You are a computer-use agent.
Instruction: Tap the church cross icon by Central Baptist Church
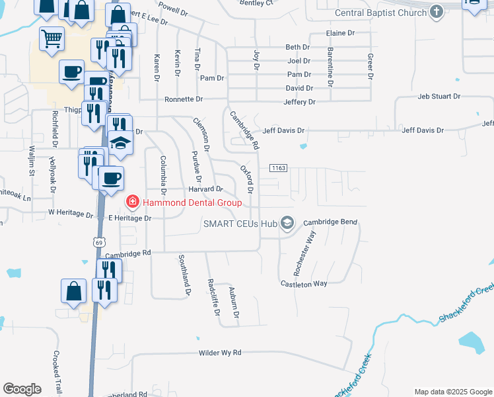tap(436, 12)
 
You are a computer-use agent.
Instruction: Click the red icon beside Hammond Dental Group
tap(132, 200)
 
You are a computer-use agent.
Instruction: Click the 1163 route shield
tap(278, 169)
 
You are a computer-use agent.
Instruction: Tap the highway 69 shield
tap(98, 243)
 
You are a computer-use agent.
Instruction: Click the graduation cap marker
tap(121, 143)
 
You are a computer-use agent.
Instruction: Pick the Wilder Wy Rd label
tap(220, 354)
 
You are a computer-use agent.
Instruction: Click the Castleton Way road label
tap(304, 283)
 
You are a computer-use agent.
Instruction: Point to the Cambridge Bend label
tap(330, 222)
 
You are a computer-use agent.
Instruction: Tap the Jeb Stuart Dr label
tap(439, 97)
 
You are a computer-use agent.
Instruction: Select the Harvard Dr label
tap(205, 189)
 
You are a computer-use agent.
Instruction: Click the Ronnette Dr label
tap(184, 99)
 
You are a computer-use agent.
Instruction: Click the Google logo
tap(21, 389)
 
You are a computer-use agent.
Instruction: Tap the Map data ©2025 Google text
tap(452, 392)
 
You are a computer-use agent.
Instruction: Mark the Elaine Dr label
tap(340, 33)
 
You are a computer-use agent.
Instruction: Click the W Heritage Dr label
tap(71, 214)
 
